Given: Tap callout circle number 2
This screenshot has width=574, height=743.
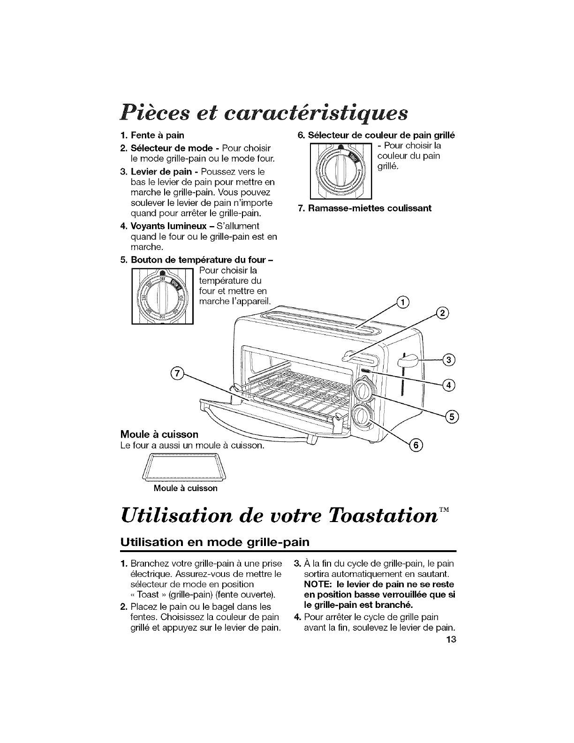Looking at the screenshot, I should (x=442, y=314).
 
